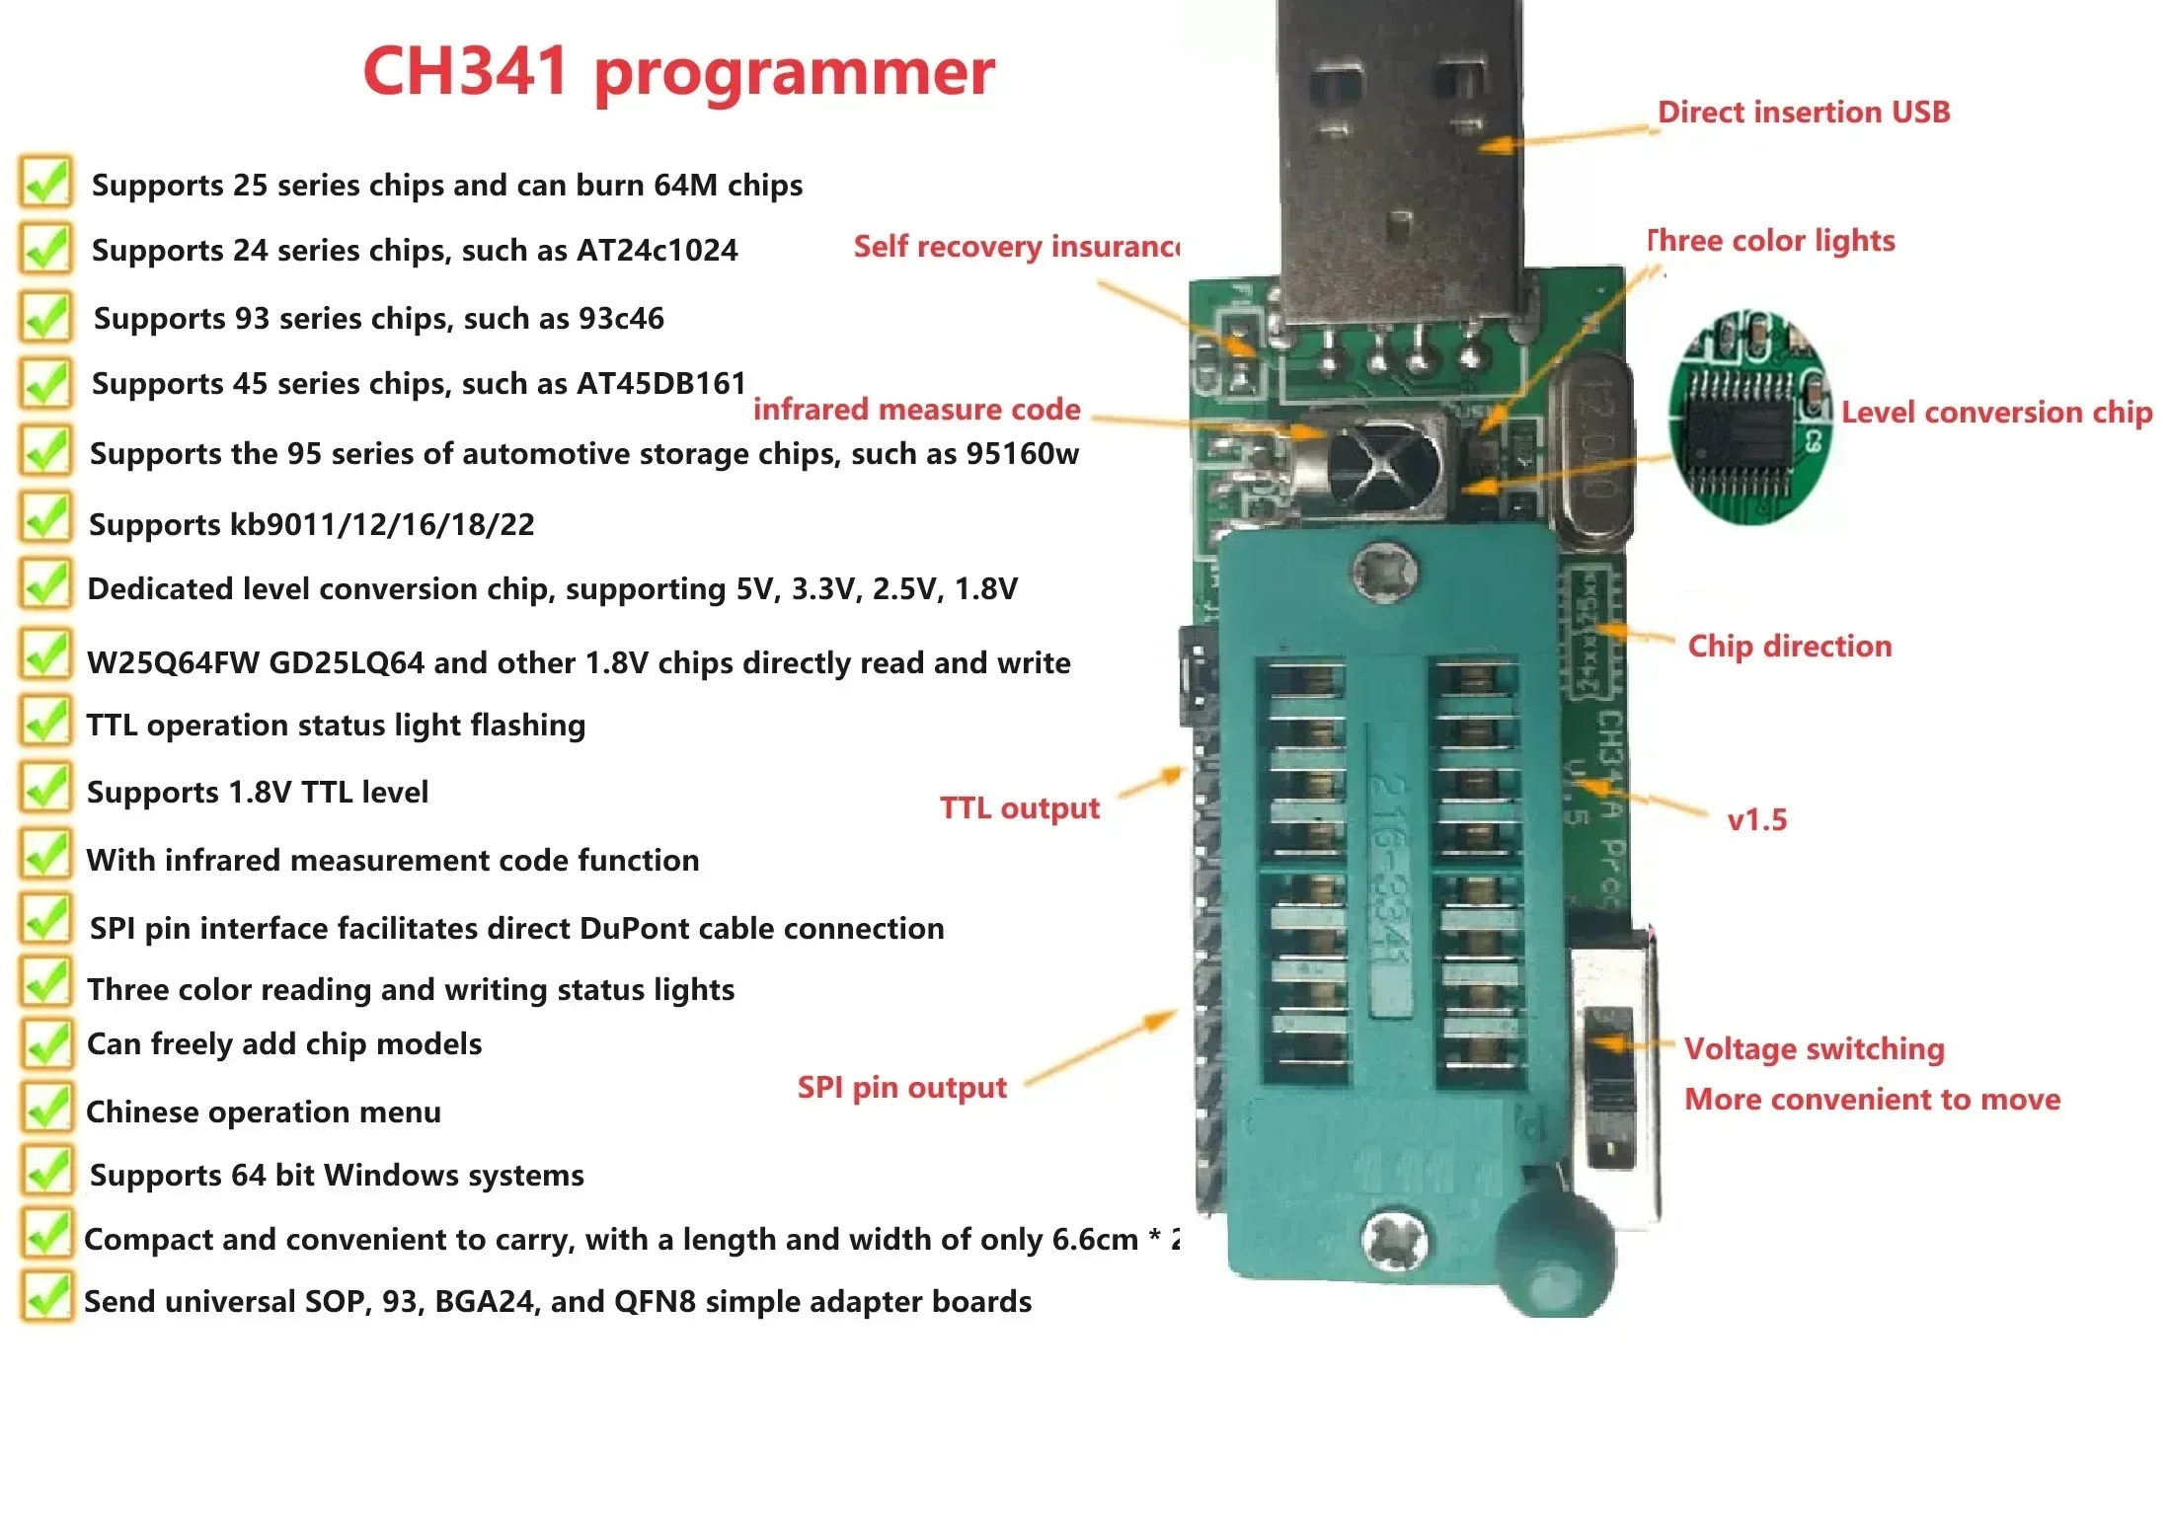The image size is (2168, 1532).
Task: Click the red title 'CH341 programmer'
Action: pos(678,72)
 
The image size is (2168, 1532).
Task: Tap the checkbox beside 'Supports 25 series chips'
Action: pos(45,183)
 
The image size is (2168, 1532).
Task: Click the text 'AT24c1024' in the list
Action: pos(657,251)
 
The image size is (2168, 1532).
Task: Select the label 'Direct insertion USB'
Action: pos(1803,113)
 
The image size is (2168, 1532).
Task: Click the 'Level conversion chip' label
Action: pos(1995,413)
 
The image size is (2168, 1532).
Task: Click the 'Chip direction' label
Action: pos(1789,647)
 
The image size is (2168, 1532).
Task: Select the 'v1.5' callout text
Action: pos(1756,820)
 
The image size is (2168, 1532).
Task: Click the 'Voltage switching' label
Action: pos(1814,1049)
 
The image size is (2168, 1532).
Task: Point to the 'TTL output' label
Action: pos(1019,808)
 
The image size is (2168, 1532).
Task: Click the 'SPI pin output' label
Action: pos(901,1088)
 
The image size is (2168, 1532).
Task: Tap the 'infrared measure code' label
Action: pos(916,410)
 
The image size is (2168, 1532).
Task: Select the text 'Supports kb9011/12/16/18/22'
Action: pos(311,525)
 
